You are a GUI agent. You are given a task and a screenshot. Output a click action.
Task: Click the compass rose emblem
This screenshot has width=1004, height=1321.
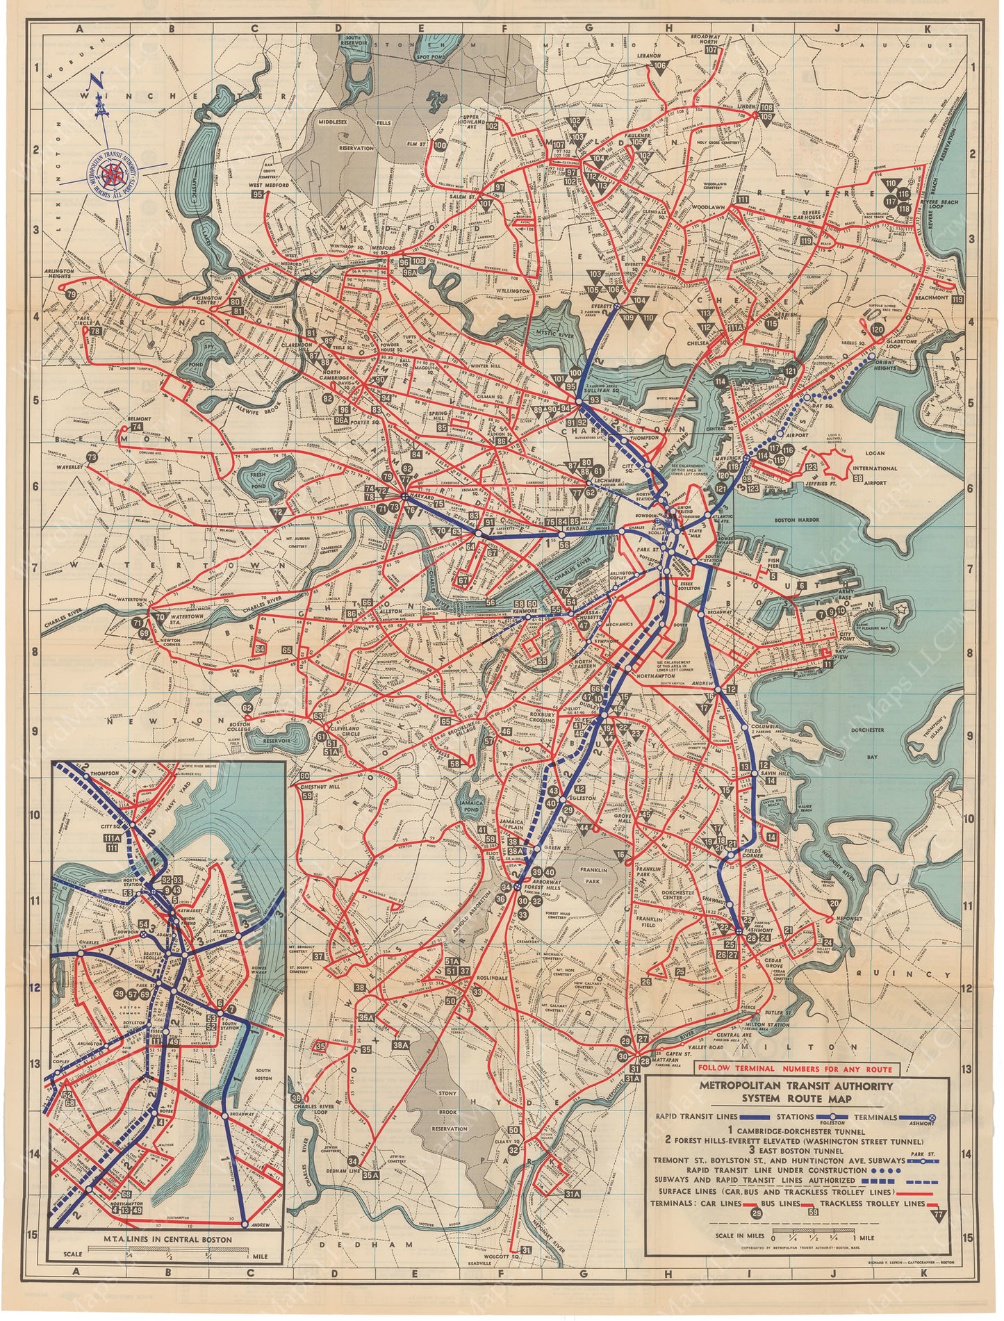(x=111, y=173)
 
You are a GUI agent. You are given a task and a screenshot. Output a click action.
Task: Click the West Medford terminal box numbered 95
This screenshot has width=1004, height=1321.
(x=258, y=195)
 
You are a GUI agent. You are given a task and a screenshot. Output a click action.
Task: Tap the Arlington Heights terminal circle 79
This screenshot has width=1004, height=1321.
(x=71, y=295)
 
